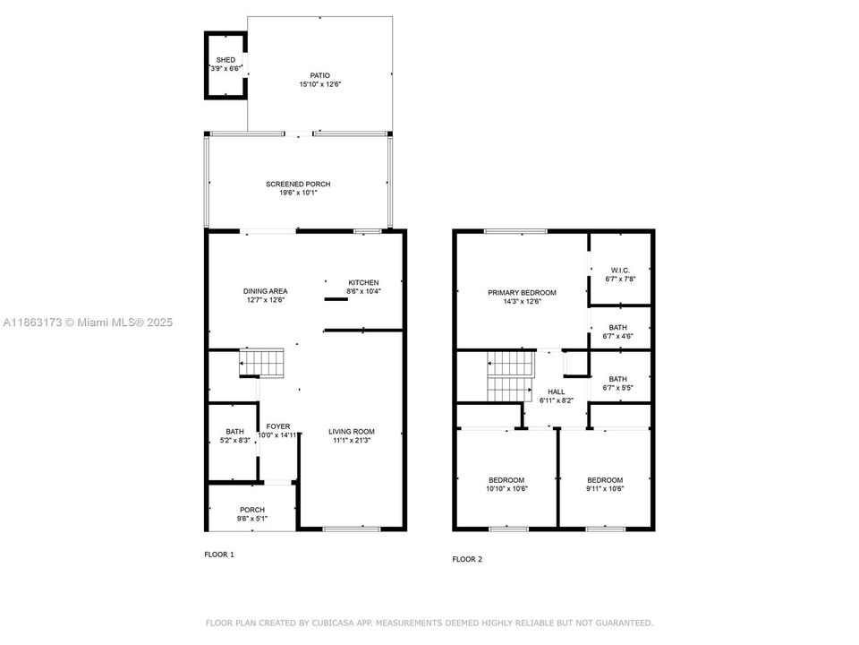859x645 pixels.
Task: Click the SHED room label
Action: point(225,60)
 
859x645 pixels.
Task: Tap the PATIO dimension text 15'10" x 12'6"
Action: point(320,84)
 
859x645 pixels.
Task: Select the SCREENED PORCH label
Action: point(297,184)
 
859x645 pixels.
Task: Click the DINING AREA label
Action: point(265,291)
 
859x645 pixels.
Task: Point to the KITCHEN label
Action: point(363,282)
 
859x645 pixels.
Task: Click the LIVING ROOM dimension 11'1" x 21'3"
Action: point(351,440)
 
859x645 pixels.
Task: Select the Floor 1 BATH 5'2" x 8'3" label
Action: point(234,431)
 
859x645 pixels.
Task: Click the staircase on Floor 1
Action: point(260,364)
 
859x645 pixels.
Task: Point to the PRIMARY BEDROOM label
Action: point(522,293)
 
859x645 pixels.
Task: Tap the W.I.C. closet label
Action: point(621,271)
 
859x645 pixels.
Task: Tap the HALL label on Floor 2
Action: point(557,391)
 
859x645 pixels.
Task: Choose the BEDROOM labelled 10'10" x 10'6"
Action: point(506,480)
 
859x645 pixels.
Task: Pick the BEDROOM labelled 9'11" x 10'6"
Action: point(605,480)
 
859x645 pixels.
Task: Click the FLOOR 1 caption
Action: point(219,555)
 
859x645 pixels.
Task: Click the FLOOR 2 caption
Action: point(467,559)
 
